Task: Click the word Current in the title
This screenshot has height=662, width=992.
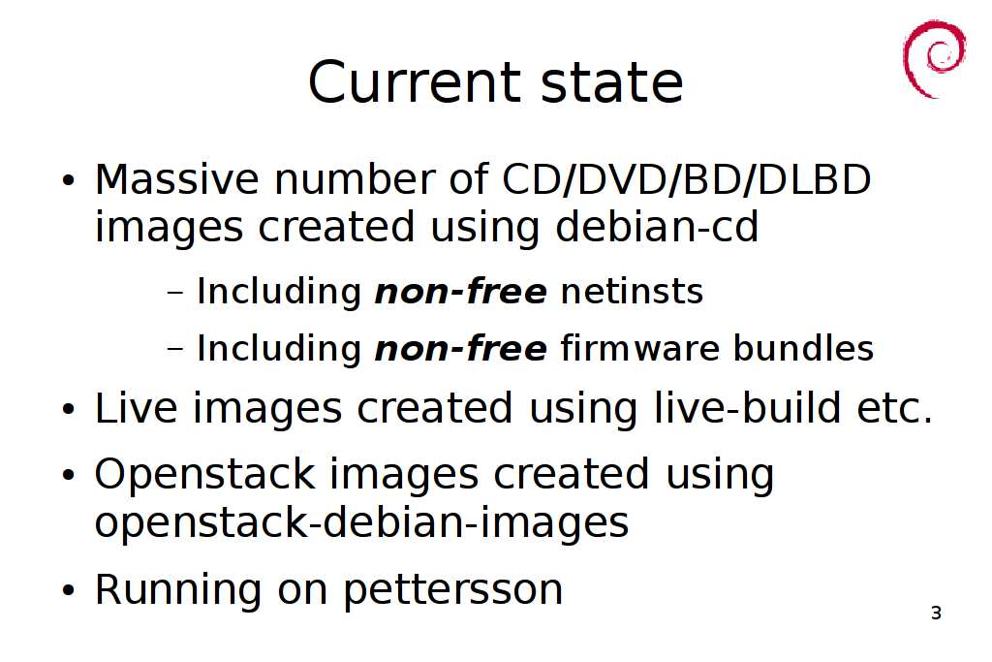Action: pyautogui.click(x=415, y=82)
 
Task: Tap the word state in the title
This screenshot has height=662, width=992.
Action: pyautogui.click(x=612, y=83)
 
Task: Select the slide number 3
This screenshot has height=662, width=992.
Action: pyautogui.click(x=937, y=613)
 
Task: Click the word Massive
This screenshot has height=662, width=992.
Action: pyautogui.click(x=176, y=179)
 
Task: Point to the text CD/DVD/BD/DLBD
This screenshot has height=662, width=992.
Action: pyautogui.click(x=686, y=179)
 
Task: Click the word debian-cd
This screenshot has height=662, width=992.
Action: pyautogui.click(x=657, y=227)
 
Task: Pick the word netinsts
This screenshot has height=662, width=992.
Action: pyautogui.click(x=632, y=291)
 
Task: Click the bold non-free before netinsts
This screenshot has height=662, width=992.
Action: pyautogui.click(x=461, y=291)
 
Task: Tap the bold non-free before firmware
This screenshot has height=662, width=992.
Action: pyautogui.click(x=461, y=348)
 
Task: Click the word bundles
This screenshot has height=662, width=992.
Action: pyautogui.click(x=803, y=348)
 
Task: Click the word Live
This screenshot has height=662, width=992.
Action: pyautogui.click(x=136, y=408)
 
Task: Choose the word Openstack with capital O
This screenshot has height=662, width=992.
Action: pyautogui.click(x=204, y=474)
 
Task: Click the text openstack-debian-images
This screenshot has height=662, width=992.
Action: pyautogui.click(x=362, y=523)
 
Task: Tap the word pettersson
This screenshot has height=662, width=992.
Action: pyautogui.click(x=453, y=590)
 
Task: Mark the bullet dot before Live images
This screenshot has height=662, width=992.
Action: pyautogui.click(x=69, y=409)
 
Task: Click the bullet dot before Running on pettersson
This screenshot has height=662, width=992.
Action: pyautogui.click(x=69, y=591)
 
